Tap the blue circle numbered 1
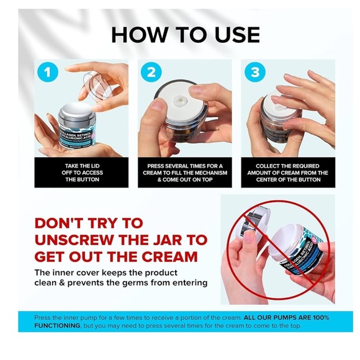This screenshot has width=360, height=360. click(46, 72)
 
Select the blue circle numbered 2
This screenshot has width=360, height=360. click(150, 72)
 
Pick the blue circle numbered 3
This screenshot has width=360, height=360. click(253, 72)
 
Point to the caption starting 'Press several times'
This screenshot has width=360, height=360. click(184, 173)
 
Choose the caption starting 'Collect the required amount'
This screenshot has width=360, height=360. click(287, 173)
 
